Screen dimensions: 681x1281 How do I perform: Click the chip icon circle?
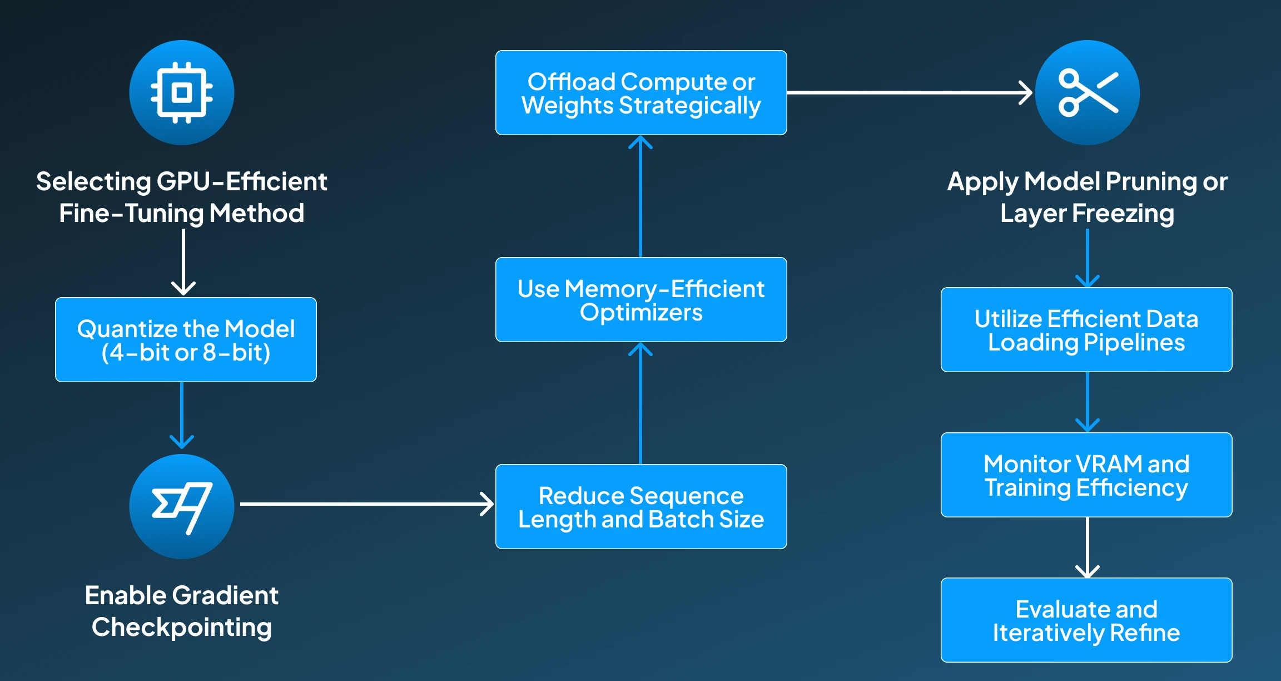(x=182, y=92)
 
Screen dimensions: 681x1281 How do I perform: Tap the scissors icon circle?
(x=1087, y=92)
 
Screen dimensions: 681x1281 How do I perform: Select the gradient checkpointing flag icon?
(x=182, y=506)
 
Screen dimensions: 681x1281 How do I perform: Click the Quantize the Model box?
(x=186, y=340)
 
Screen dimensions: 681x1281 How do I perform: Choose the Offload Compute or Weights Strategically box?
(x=640, y=93)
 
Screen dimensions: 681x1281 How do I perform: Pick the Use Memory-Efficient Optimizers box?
(x=640, y=300)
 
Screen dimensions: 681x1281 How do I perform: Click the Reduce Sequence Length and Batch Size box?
(x=640, y=507)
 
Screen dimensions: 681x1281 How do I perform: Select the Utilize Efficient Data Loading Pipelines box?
(x=1086, y=330)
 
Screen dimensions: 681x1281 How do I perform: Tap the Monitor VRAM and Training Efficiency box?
(x=1086, y=475)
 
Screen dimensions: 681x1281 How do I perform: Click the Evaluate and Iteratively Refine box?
(x=1086, y=620)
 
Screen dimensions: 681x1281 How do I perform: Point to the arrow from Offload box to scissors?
(x=909, y=93)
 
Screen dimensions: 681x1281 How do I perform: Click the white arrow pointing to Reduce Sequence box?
(x=367, y=504)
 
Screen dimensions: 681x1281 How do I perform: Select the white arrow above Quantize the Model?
(x=183, y=261)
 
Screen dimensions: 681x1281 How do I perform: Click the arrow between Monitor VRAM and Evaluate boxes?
(x=1087, y=547)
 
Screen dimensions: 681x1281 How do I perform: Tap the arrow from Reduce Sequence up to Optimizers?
(x=640, y=403)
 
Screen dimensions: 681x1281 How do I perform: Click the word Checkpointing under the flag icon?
(x=182, y=627)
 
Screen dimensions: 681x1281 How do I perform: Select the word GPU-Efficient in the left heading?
(x=242, y=182)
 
